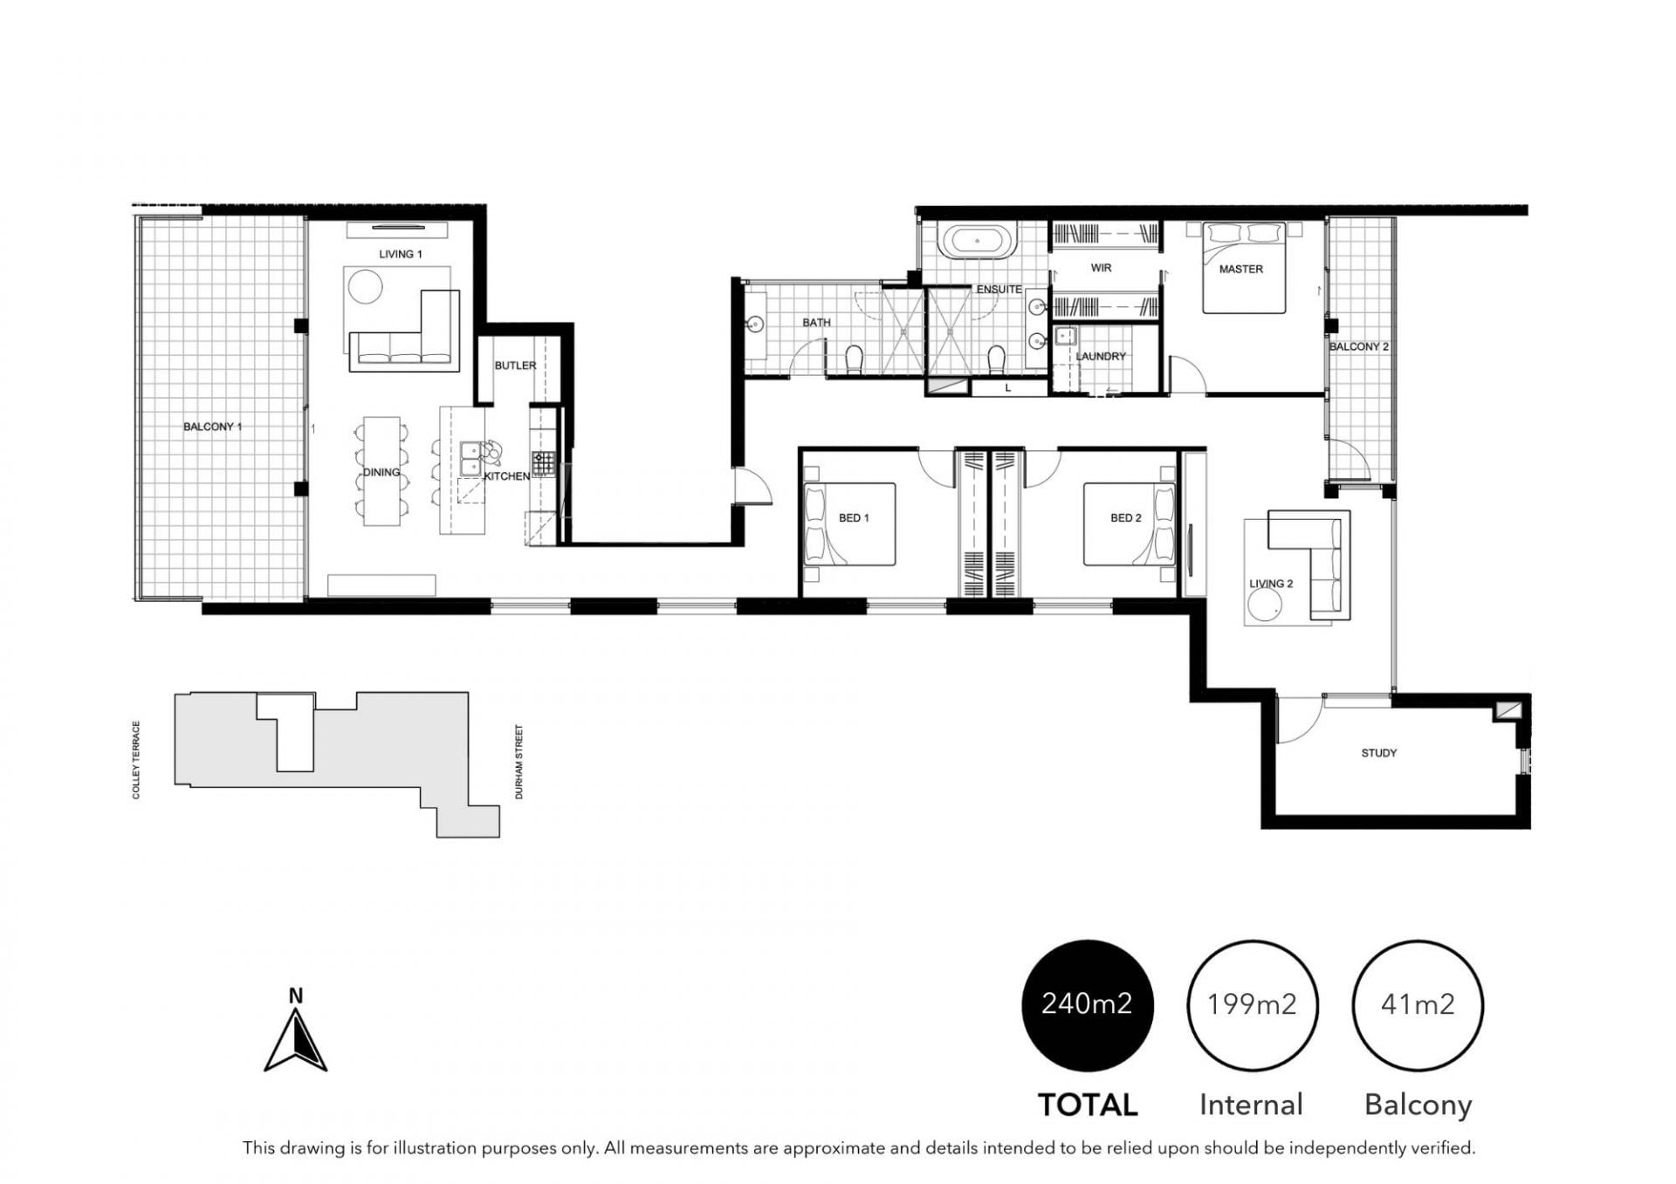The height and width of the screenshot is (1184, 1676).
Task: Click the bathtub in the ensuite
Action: click(978, 242)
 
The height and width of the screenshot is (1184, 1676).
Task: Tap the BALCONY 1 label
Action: click(212, 427)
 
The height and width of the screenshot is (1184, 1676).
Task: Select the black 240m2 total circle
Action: click(1087, 1005)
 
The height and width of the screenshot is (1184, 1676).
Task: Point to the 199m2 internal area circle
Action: click(1252, 1005)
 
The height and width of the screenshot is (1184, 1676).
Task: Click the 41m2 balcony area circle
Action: click(1418, 1005)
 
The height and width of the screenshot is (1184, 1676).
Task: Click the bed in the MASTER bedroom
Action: click(1244, 268)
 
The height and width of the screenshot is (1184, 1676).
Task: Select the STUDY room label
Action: click(1379, 753)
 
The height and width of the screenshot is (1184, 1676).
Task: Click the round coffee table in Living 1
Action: click(364, 285)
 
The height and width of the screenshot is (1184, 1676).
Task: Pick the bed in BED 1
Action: click(849, 524)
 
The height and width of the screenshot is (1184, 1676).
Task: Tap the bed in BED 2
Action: click(1130, 524)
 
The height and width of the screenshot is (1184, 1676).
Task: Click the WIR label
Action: click(1101, 268)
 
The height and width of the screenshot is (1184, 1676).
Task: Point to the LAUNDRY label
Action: click(1101, 356)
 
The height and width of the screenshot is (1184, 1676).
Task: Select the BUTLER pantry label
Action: click(515, 366)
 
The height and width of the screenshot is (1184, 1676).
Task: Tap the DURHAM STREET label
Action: click(519, 762)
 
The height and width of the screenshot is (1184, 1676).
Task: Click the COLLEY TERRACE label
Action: click(136, 759)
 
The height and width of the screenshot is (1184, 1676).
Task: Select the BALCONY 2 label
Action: click(1358, 346)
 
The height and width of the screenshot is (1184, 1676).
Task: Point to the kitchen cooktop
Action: click(543, 463)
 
